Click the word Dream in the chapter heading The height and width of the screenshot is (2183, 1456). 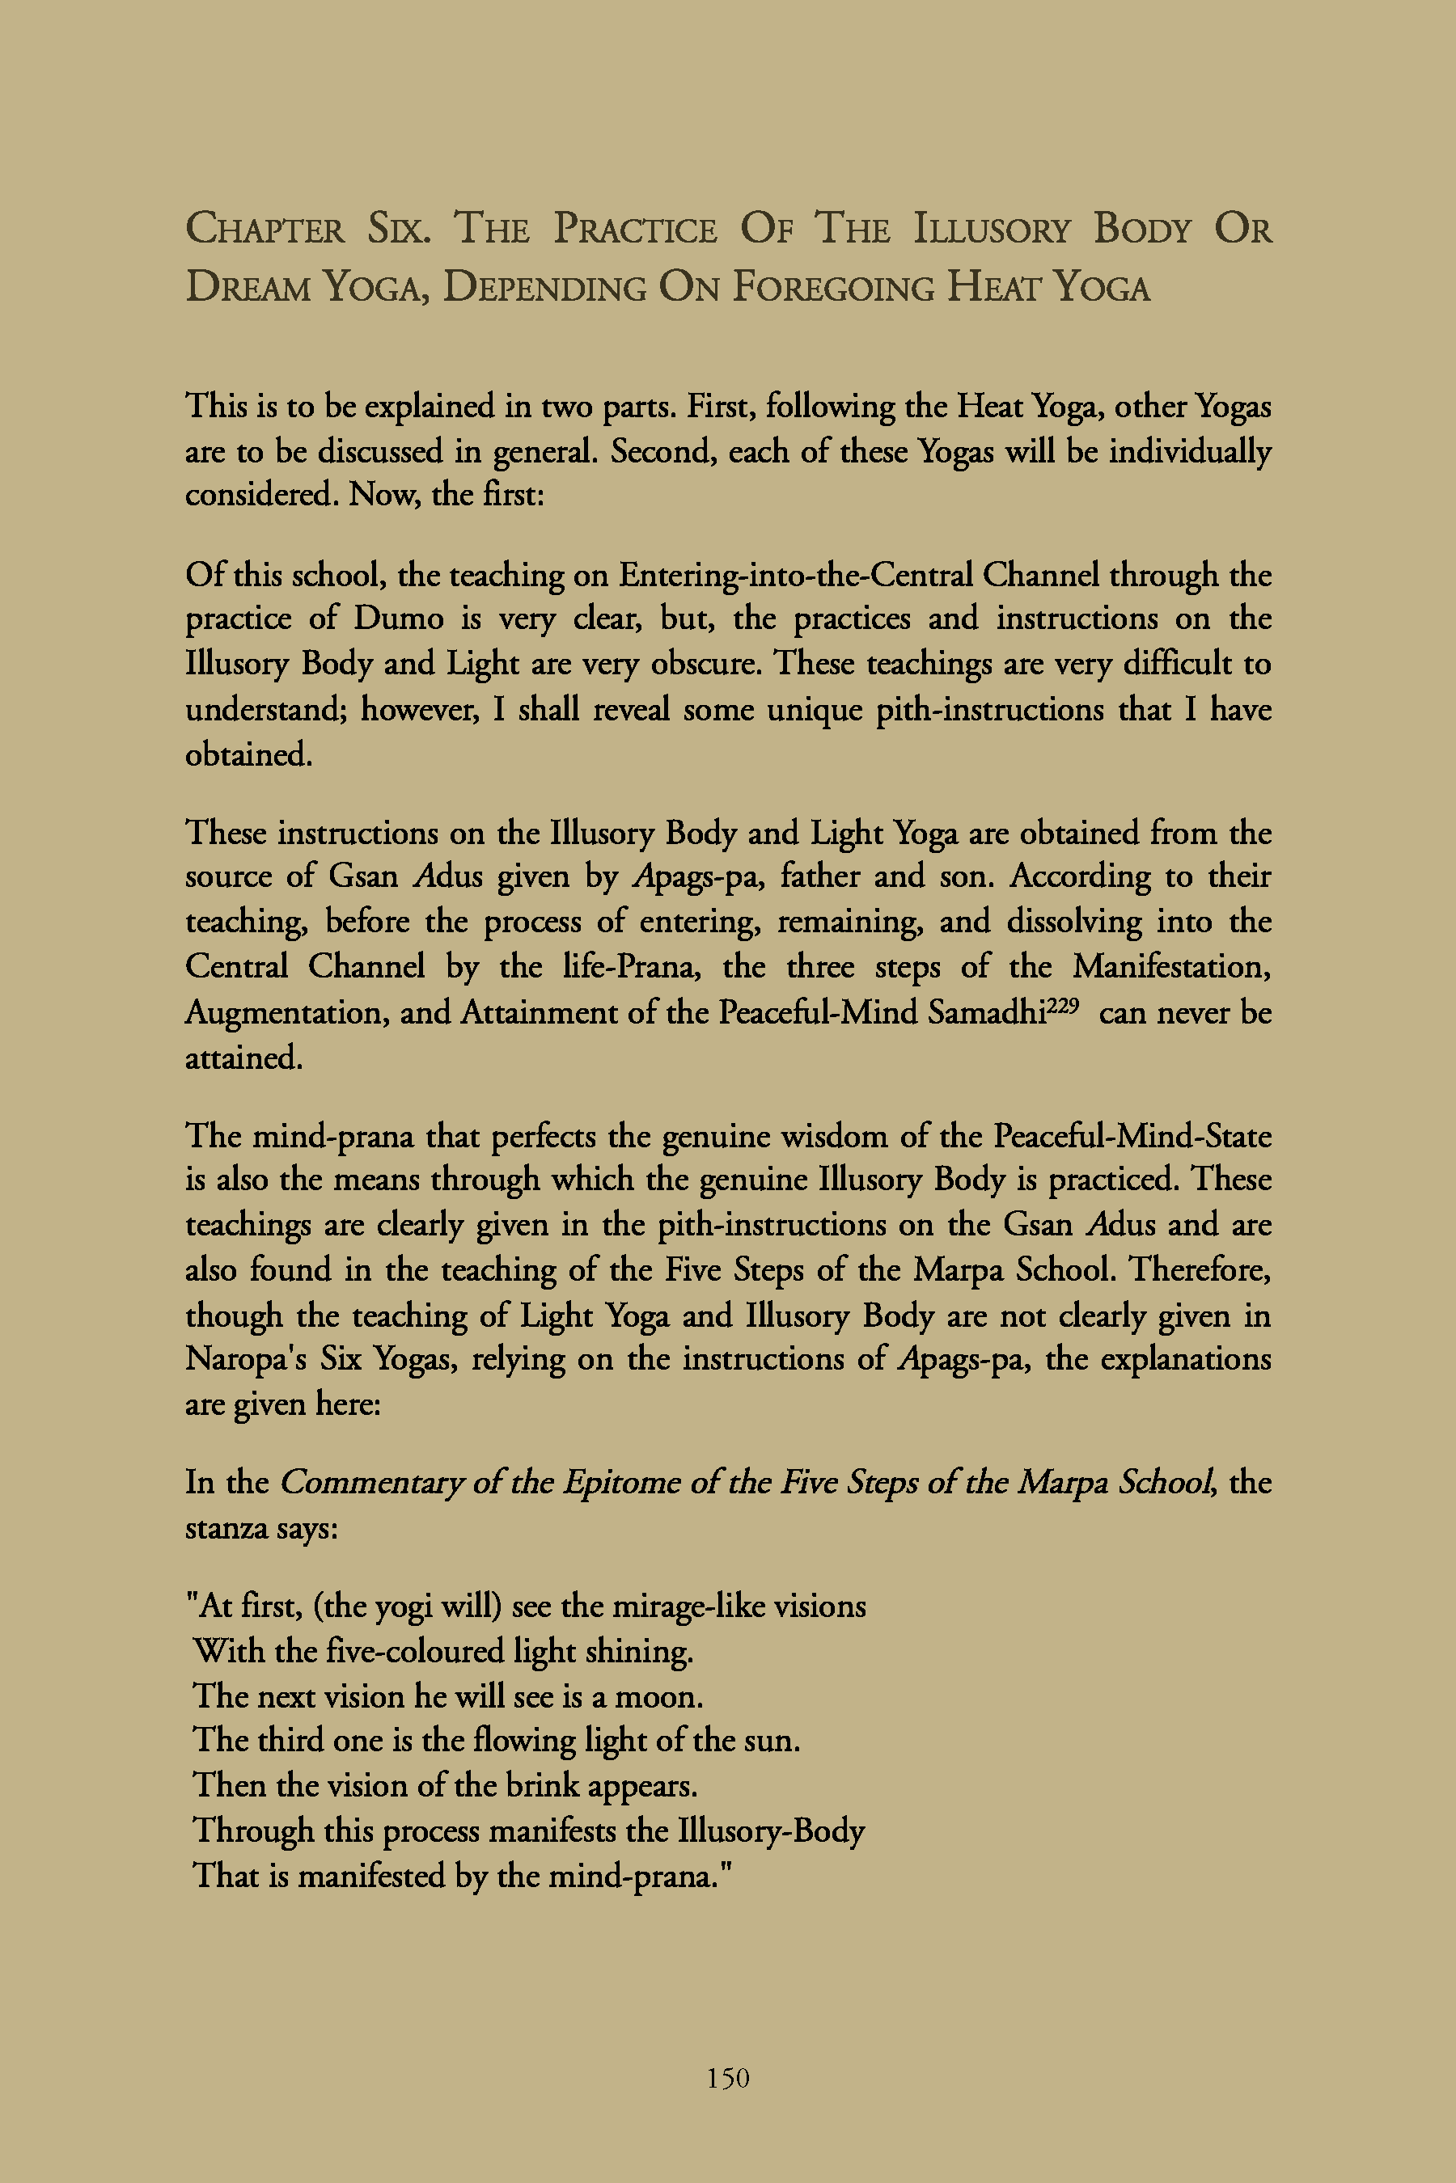pos(248,288)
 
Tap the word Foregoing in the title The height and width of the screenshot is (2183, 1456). pos(833,288)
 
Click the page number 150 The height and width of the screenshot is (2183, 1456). pos(728,2078)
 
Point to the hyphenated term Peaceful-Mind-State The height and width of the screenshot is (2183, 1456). pos(1132,1136)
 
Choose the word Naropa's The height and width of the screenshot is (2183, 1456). pos(245,1360)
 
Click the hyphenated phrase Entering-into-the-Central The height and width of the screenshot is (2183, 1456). pos(796,576)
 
